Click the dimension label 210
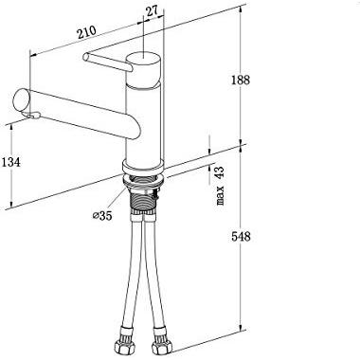tap(86, 32)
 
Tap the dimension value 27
tap(152, 11)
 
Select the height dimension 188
tap(241, 80)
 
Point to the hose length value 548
tap(241, 236)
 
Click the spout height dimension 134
tap(10, 162)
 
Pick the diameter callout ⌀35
tap(102, 216)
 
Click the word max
tap(220, 196)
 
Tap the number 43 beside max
tap(219, 173)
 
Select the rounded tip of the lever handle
tap(85, 57)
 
